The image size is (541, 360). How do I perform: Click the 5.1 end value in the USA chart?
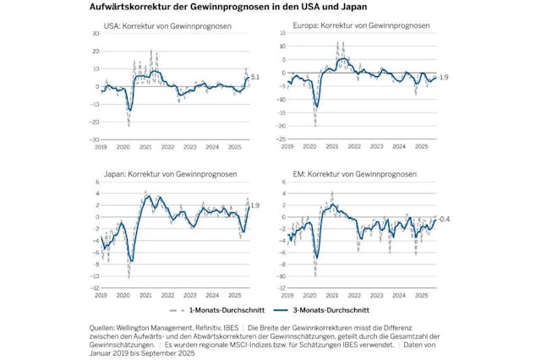tap(257, 77)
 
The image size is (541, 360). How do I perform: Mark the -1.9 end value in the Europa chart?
tap(442, 77)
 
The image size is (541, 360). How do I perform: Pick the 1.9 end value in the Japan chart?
tap(257, 205)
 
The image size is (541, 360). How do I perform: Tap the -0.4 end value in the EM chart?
tap(442, 219)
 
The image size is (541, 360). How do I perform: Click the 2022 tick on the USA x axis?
tap(168, 148)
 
